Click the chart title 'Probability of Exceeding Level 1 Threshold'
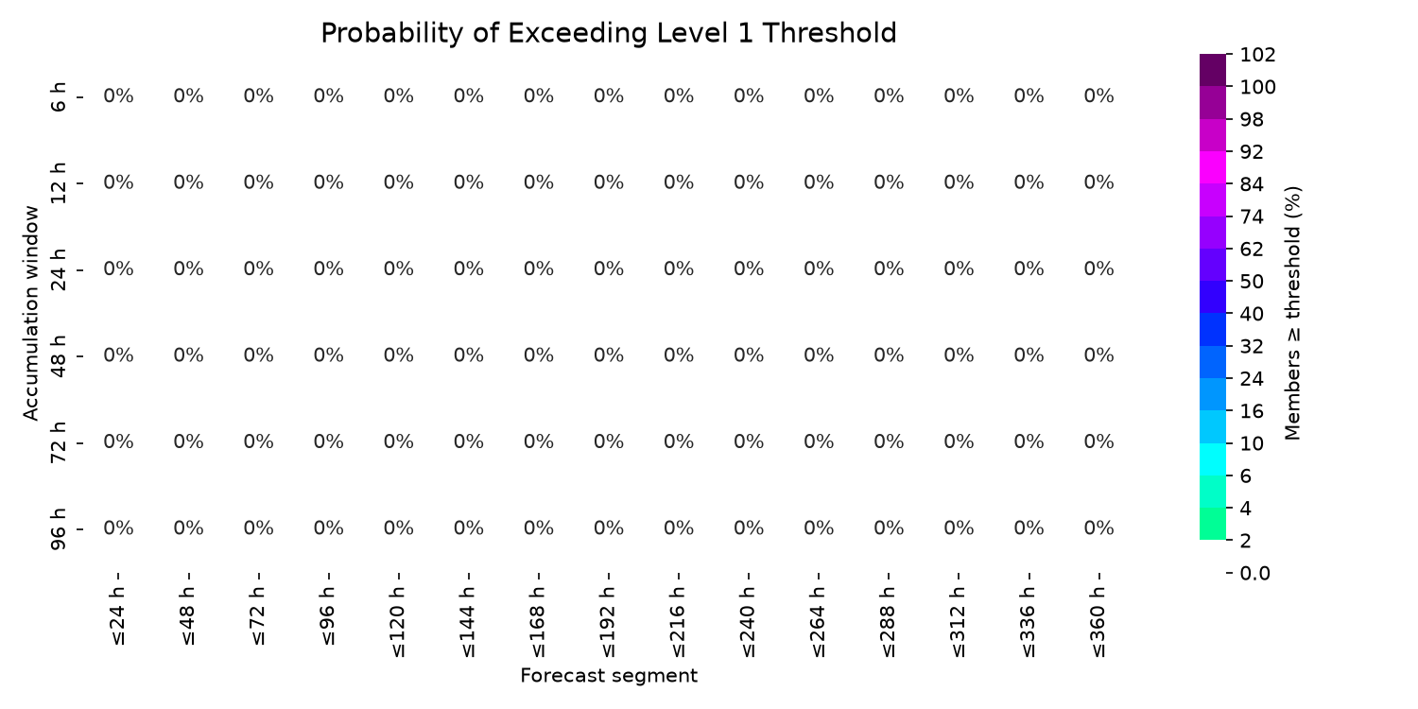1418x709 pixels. [x=609, y=33]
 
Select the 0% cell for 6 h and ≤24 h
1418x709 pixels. [x=118, y=96]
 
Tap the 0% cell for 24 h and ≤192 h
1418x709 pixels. [x=609, y=269]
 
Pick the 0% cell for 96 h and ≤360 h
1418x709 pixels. [x=1098, y=527]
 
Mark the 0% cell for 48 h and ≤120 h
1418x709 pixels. [x=399, y=355]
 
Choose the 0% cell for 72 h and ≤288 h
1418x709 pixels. [x=889, y=441]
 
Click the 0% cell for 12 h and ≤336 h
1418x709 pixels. [x=1029, y=182]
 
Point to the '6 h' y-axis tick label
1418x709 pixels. [x=58, y=96]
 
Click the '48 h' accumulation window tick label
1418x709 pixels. [x=58, y=356]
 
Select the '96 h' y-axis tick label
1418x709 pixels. [x=58, y=529]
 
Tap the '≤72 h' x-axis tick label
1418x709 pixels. [x=258, y=615]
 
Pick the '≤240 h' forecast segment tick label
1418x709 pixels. [x=749, y=622]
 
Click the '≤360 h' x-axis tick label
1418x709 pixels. [x=1098, y=622]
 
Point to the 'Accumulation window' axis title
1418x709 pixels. [x=30, y=313]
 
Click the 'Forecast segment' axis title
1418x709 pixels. [x=609, y=676]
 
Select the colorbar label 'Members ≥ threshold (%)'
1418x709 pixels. [x=1292, y=313]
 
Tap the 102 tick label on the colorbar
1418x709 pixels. [x=1258, y=55]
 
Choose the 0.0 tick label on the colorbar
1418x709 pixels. [x=1254, y=574]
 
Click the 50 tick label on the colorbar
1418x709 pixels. [x=1252, y=282]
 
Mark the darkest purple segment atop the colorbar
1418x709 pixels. [x=1212, y=70]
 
